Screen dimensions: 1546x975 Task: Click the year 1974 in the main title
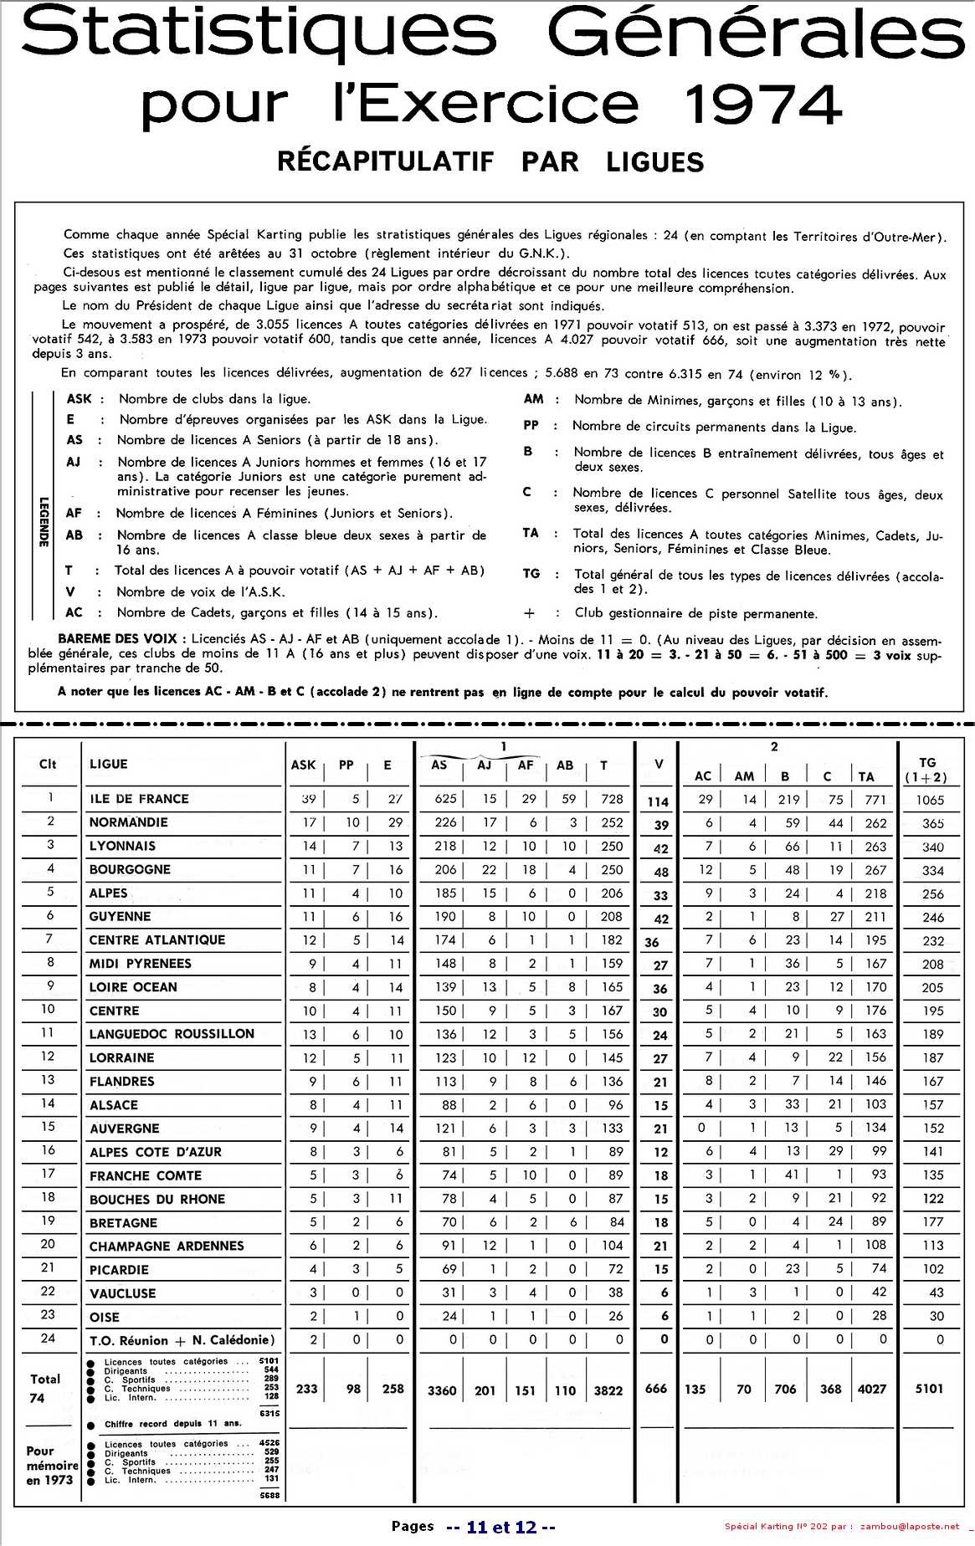[x=762, y=105]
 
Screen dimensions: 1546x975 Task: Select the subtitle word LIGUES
[x=655, y=162]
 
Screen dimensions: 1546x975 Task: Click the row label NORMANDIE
[x=129, y=822]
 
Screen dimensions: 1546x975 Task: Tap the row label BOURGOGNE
[x=130, y=869]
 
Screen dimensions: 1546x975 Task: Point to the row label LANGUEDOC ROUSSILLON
[x=172, y=1034]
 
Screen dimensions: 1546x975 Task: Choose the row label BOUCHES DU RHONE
[x=157, y=1199]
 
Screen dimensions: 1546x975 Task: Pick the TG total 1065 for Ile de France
[x=930, y=800]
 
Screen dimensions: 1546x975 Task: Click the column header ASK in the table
[x=303, y=765]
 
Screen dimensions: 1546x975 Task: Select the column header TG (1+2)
[x=926, y=770]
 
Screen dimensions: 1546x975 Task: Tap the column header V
[x=659, y=764]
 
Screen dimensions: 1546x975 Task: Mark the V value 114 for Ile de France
[x=658, y=801]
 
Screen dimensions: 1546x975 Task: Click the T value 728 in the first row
[x=612, y=799]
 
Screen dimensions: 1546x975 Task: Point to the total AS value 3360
[x=442, y=1390]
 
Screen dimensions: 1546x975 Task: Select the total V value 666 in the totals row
[x=656, y=1389]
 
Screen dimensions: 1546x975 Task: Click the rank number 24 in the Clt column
[x=48, y=1339]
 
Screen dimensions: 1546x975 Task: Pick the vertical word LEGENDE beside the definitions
[x=44, y=522]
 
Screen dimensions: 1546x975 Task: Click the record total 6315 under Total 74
[x=269, y=1413]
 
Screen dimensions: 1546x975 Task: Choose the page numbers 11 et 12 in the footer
[x=501, y=1527]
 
